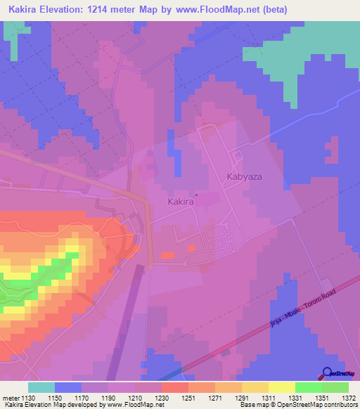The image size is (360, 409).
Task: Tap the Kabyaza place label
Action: point(244,177)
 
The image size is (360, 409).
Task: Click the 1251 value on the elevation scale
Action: point(174,397)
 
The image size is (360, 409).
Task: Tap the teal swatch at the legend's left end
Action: point(41,387)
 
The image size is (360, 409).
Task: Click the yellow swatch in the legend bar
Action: point(281,387)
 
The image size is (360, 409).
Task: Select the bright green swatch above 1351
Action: point(308,387)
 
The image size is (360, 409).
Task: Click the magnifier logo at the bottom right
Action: point(328,374)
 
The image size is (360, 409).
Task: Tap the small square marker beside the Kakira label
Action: point(197,195)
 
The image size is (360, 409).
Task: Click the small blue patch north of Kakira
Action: point(172,144)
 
